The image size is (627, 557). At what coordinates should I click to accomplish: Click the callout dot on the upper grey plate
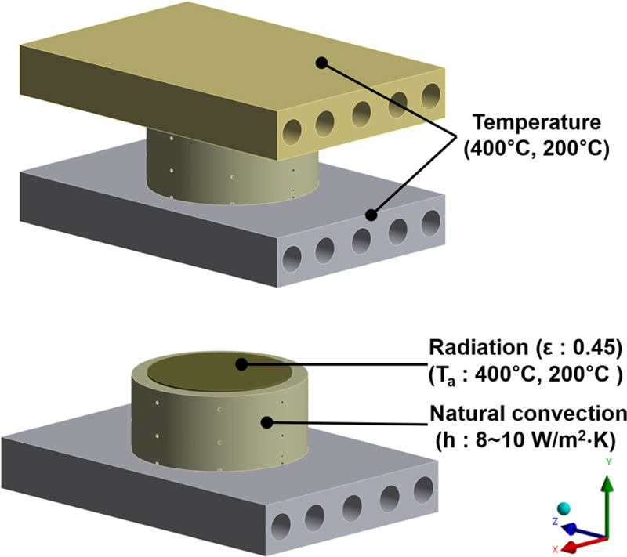coord(372,213)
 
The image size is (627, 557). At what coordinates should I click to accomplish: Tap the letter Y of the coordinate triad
coord(607,462)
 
